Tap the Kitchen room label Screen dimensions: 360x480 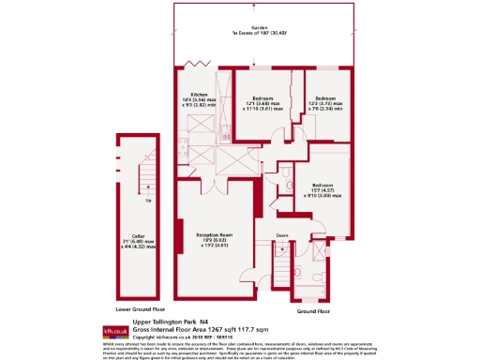200,95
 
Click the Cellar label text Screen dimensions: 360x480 138,235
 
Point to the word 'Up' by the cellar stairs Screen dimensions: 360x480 147,201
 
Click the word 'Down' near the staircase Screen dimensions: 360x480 282,234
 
